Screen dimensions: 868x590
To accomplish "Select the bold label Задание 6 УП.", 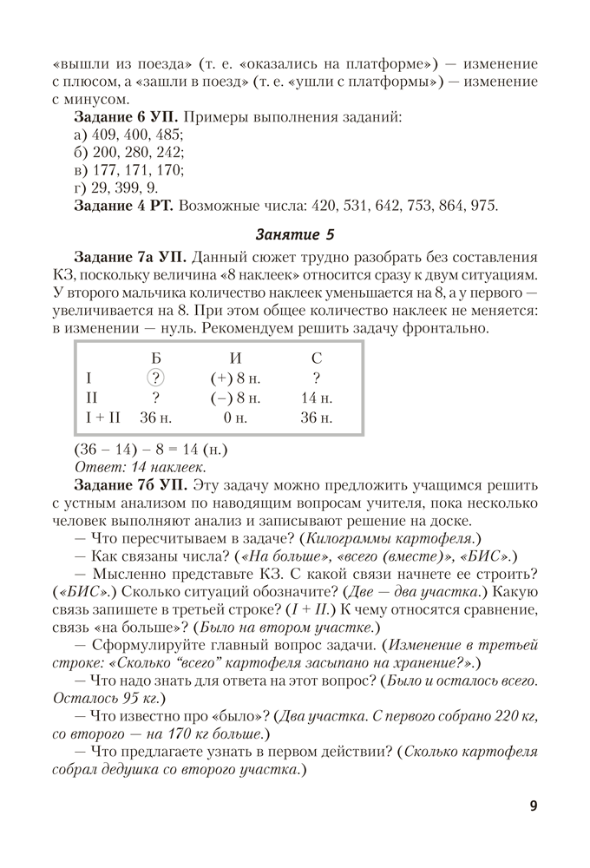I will [x=127, y=116].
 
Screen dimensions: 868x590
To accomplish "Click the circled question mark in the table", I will [x=155, y=378].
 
